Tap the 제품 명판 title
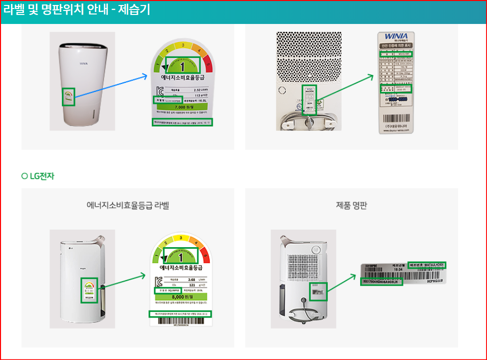point(351,205)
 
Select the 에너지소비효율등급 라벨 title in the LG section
point(128,205)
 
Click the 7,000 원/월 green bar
point(182,107)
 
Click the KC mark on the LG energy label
point(159,281)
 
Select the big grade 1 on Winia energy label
point(182,65)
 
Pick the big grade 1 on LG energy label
point(180,256)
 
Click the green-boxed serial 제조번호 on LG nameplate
point(427,265)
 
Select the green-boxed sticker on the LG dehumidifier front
point(89,290)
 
